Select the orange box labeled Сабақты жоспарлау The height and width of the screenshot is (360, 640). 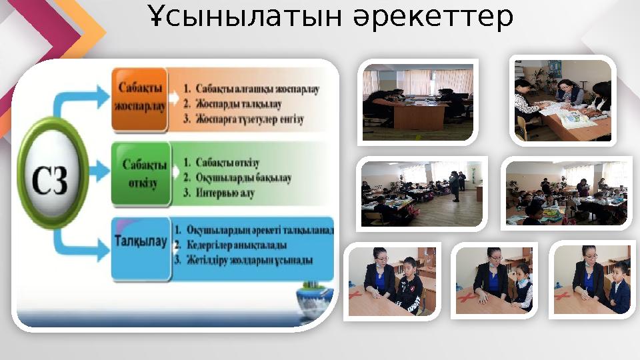[139, 98]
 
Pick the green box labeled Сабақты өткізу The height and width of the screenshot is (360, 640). [140, 173]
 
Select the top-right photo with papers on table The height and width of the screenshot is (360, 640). [563, 101]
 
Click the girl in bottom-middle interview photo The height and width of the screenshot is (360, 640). [523, 287]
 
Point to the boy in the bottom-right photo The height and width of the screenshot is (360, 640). [619, 287]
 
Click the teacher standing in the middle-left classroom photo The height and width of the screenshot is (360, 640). [454, 185]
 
